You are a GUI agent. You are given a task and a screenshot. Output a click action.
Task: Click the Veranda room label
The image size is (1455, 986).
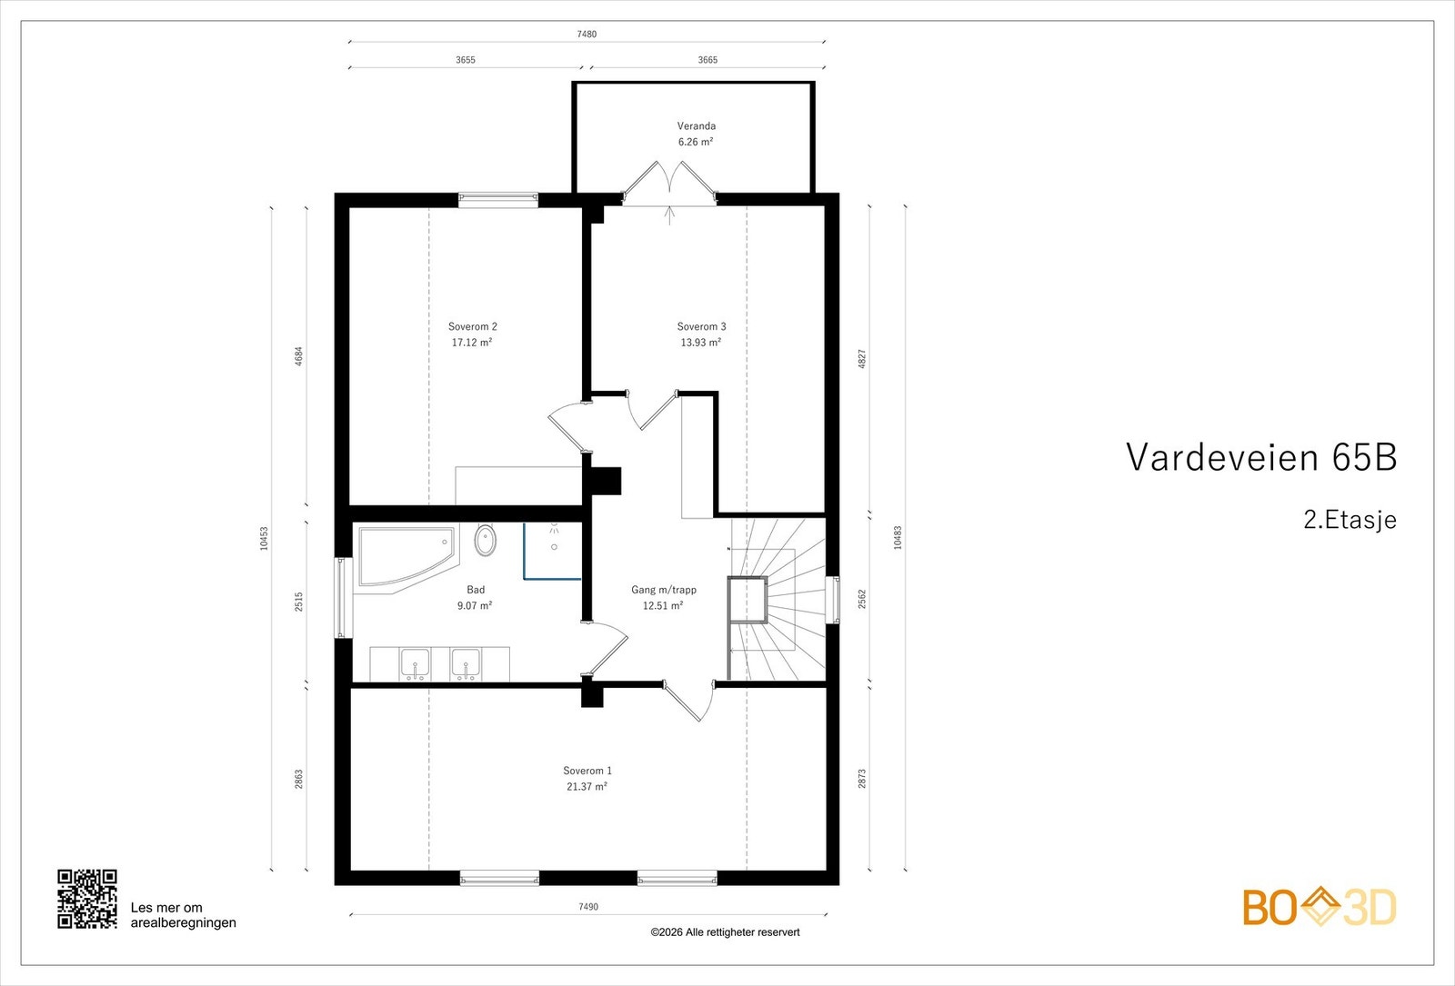(x=696, y=126)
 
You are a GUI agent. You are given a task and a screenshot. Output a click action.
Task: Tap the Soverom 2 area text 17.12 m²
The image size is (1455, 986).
(x=472, y=343)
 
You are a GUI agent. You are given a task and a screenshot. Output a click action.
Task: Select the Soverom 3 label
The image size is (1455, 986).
(x=701, y=326)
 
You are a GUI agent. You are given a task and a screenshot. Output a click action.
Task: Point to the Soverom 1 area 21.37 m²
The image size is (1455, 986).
(x=587, y=787)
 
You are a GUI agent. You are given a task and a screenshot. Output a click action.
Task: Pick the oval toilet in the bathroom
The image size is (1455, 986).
(x=486, y=541)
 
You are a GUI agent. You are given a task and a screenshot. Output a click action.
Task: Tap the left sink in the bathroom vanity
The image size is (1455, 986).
(x=416, y=664)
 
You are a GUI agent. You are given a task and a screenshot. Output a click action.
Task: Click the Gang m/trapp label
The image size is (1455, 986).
(x=663, y=590)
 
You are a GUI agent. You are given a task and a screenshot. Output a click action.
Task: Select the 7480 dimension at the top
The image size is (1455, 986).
(x=587, y=35)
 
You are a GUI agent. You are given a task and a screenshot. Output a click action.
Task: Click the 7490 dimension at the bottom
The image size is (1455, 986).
(x=587, y=906)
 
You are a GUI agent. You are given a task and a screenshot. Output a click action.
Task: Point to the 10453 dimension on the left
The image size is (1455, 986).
(x=265, y=538)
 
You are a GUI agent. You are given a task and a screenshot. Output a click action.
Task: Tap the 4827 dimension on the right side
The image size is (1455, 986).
(x=862, y=358)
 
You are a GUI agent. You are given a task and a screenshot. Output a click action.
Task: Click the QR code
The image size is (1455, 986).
(x=87, y=899)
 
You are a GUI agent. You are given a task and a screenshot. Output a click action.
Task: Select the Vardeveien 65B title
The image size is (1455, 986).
(x=1260, y=457)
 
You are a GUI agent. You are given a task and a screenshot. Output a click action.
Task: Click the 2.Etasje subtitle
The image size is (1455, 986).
(x=1349, y=520)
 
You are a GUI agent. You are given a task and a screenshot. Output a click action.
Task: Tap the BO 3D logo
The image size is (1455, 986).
(x=1319, y=907)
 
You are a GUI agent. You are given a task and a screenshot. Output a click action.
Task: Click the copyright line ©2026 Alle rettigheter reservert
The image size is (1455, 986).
(x=725, y=932)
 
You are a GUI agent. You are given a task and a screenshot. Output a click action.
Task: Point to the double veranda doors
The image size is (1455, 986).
(x=670, y=181)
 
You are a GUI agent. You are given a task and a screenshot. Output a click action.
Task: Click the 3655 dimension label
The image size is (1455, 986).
(x=465, y=60)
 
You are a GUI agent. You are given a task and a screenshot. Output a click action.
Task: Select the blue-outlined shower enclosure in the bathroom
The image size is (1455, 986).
(x=553, y=551)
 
